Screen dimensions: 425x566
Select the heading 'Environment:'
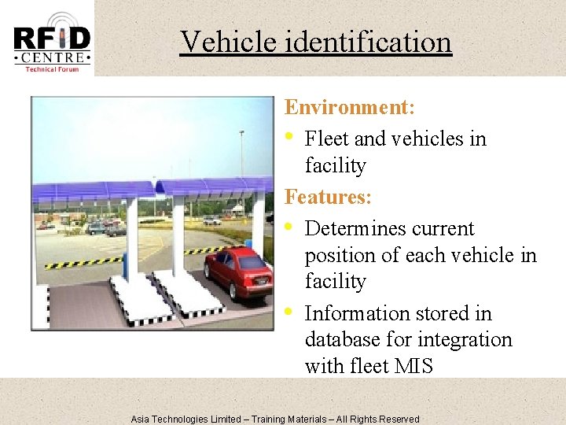coord(350,107)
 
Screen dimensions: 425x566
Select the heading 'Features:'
coord(327,196)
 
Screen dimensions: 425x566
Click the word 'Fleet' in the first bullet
coord(327,139)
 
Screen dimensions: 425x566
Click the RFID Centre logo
coord(52,39)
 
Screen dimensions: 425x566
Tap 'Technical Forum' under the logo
coord(52,69)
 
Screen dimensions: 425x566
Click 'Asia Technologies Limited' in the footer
coord(186,419)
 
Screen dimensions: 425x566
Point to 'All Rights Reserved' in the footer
coord(378,419)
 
